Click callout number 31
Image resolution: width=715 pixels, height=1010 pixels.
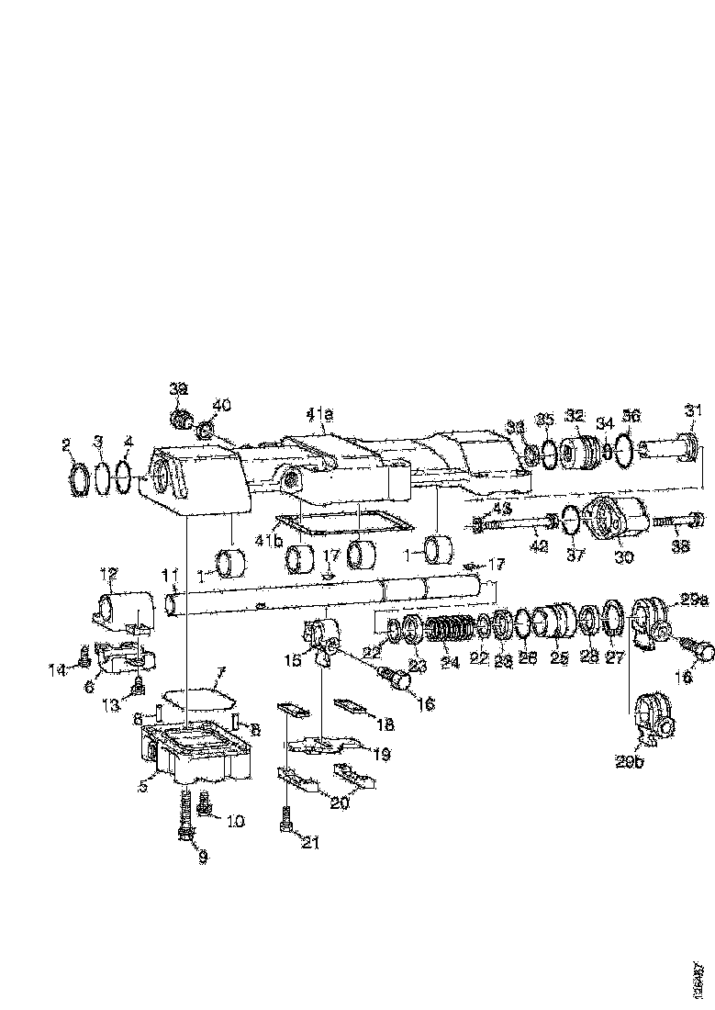690,410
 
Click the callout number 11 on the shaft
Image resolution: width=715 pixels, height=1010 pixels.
169,576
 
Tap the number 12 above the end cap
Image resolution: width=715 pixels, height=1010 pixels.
109,575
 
